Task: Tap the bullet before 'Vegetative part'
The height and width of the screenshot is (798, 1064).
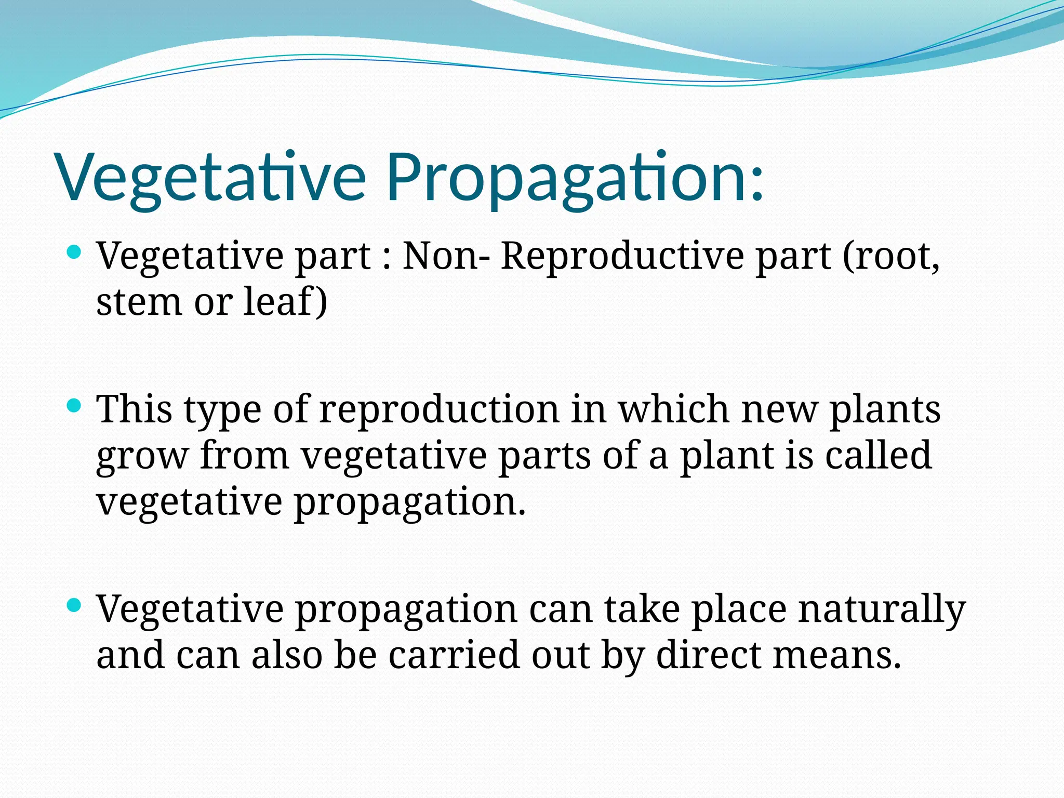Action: coord(75,253)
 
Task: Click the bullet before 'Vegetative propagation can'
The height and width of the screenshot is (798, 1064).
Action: coord(75,605)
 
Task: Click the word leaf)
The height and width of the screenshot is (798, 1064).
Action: coord(285,302)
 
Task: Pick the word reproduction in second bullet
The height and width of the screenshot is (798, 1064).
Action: coord(439,409)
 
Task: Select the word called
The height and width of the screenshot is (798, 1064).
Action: coord(878,455)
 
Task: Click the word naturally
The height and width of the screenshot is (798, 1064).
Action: coord(882,609)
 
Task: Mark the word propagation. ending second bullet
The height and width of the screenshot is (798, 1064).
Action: coord(410,503)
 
